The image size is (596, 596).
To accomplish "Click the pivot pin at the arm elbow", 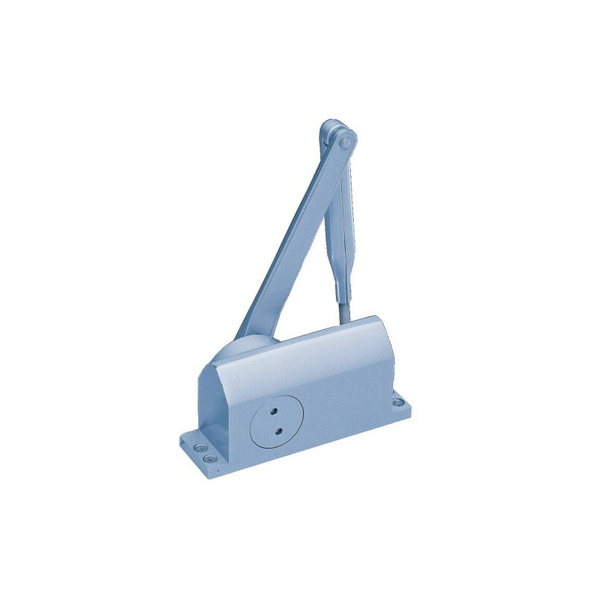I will tap(345, 139).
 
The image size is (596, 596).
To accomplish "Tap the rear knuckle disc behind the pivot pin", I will tap(329, 131).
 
